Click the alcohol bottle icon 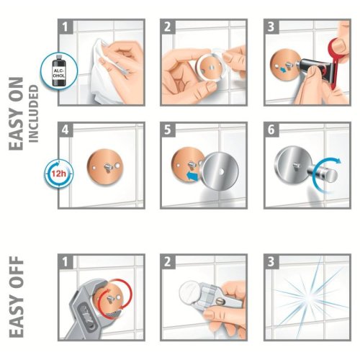(59, 71)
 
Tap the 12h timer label (59, 173)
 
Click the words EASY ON (17, 114)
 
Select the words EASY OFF (17, 297)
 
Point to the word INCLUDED (34, 114)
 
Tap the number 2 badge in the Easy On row (168, 27)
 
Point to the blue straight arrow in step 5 (193, 176)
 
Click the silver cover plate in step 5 (220, 171)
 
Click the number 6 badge (271, 130)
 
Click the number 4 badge (66, 130)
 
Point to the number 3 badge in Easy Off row (271, 261)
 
